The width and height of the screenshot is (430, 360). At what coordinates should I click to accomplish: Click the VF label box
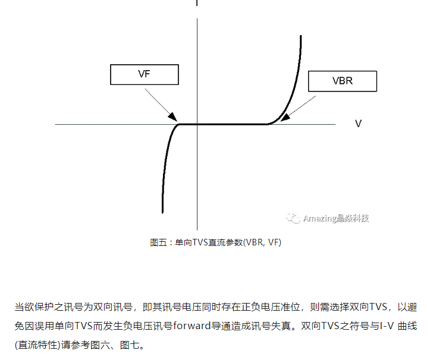(145, 74)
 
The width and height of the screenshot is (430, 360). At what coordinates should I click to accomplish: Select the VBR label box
(342, 81)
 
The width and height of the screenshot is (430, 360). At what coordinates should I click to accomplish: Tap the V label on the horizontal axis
(358, 124)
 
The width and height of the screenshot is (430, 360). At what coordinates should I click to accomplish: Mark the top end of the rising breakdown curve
(300, 37)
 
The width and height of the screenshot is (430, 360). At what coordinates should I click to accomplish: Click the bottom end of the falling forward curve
(162, 211)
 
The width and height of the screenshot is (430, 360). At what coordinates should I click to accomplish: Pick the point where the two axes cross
(197, 124)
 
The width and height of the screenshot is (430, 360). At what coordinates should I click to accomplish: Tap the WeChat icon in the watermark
(293, 218)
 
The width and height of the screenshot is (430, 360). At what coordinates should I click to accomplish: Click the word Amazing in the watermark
(321, 218)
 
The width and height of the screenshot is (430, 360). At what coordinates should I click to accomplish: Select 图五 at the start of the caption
(158, 242)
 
